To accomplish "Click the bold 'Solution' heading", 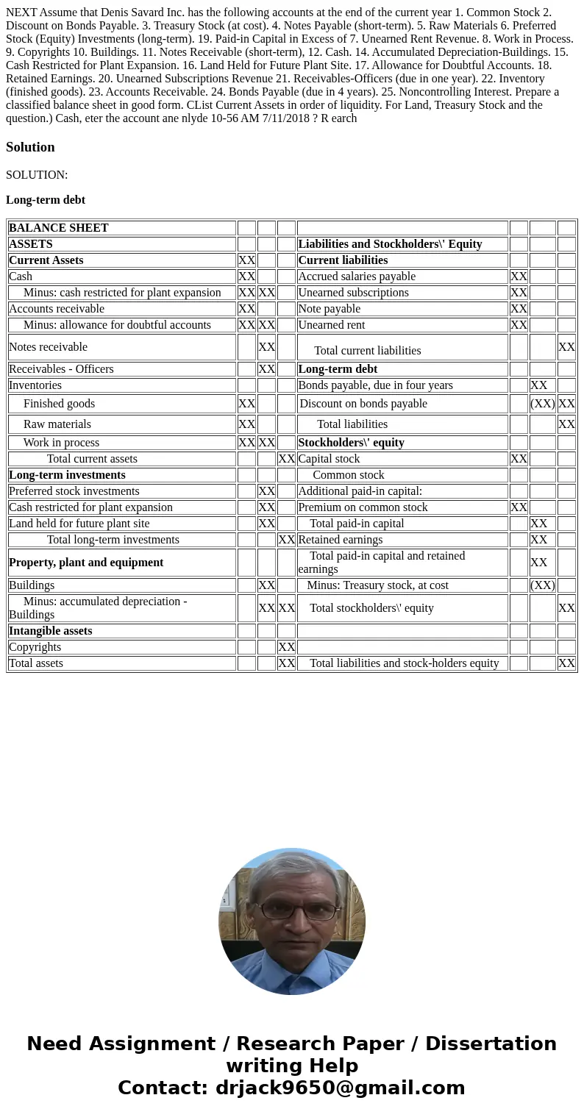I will (30, 147).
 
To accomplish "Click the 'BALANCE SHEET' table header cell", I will (58, 228).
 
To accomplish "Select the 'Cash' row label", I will (21, 277).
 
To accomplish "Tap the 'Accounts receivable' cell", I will (57, 309).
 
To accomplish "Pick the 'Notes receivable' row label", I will (48, 347).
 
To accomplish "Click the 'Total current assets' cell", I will (92, 459).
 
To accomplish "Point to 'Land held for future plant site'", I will (79, 524).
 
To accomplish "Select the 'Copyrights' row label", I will (35, 647).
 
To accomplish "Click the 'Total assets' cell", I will (36, 663).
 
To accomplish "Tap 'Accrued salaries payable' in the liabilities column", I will (357, 277).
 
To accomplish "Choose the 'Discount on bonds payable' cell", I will (363, 404).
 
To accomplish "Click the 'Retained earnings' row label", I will (341, 540).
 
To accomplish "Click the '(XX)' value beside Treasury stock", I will (542, 585).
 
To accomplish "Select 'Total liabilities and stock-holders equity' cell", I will (405, 663).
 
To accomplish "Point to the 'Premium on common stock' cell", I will (363, 507).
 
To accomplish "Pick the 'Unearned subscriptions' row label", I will (353, 293).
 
